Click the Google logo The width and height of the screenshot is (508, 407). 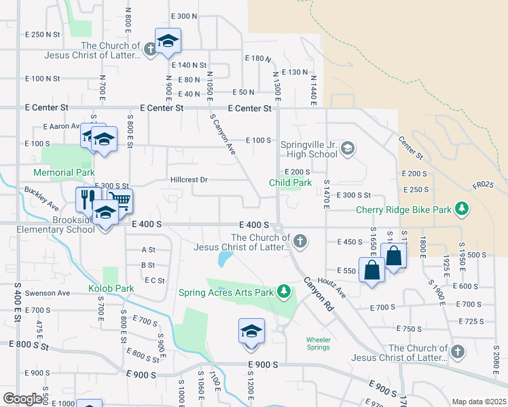tap(22, 399)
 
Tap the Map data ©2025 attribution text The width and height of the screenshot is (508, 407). tap(478, 402)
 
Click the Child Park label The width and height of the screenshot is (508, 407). tap(290, 182)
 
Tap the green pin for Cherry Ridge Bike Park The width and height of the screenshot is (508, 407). tap(461, 208)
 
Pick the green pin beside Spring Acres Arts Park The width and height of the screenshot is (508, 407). tap(284, 292)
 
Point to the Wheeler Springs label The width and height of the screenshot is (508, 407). tap(317, 343)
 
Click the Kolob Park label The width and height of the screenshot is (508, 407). tap(111, 288)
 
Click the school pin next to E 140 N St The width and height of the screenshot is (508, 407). tap(168, 42)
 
